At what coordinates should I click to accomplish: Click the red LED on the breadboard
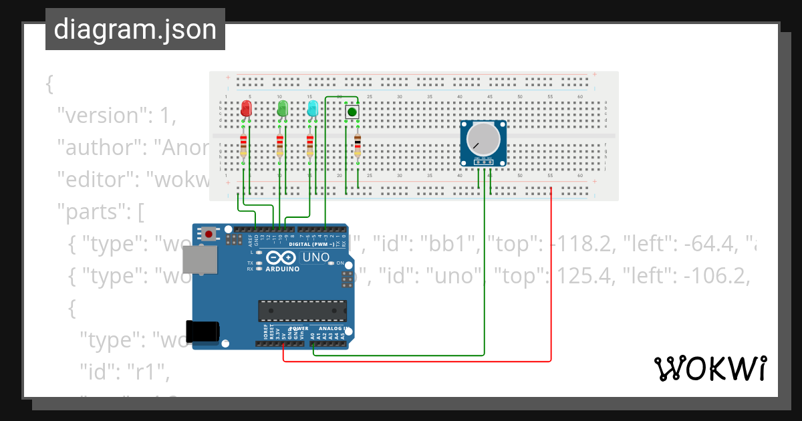pos(246,108)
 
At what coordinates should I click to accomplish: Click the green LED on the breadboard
pos(282,108)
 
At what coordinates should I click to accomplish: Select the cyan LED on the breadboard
pos(312,108)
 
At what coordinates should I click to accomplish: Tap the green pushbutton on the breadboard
pos(352,112)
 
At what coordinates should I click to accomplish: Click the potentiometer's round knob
pos(483,138)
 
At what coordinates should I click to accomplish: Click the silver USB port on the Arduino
pos(200,259)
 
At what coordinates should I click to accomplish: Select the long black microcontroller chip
pos(303,311)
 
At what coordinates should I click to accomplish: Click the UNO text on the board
pos(316,257)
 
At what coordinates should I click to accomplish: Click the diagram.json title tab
pos(135,29)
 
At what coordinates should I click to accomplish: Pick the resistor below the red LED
pos(243,145)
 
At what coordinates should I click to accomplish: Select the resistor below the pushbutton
pos(358,145)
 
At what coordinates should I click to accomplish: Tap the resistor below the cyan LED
pos(309,145)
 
